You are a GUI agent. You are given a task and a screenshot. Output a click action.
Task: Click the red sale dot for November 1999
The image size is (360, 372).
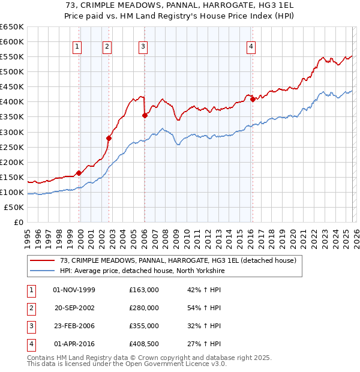tap(79, 173)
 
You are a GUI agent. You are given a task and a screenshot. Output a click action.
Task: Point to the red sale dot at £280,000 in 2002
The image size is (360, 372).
tap(109, 138)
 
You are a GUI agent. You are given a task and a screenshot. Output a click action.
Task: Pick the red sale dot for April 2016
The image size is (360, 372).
tap(253, 100)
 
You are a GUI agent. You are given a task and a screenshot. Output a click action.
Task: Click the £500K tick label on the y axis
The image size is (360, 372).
tap(13, 72)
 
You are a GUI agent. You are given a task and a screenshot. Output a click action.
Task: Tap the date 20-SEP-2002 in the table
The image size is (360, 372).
tap(75, 308)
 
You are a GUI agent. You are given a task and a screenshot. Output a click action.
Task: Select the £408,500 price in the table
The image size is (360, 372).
tap(143, 344)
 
